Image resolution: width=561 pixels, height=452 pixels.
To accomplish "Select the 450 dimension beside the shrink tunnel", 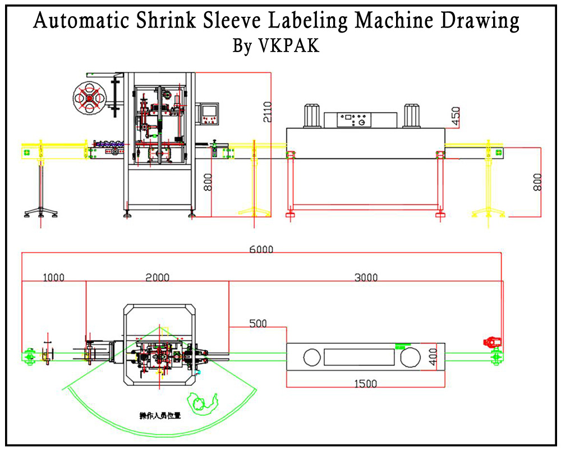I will tap(455, 116).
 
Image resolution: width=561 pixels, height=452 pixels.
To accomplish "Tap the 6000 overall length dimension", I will tap(261, 250).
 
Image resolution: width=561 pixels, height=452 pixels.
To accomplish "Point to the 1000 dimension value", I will tap(54, 277).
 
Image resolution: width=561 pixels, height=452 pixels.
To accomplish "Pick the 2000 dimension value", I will tap(158, 277).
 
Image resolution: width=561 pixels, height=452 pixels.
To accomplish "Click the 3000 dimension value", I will tap(366, 277).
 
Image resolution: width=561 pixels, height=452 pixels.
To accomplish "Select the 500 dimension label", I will tap(258, 323).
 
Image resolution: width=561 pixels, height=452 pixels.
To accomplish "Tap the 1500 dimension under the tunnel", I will tap(365, 384).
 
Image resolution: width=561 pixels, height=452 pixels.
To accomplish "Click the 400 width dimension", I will tap(433, 356).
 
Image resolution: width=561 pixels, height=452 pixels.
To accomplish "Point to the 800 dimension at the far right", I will tap(537, 182).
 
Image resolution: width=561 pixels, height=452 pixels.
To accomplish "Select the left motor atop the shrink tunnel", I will tap(312, 115).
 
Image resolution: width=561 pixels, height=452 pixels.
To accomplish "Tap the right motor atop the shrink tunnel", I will tap(412, 115).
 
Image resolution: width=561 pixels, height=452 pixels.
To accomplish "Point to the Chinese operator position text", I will tap(160, 416).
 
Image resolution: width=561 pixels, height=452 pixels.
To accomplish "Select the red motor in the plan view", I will tap(492, 342).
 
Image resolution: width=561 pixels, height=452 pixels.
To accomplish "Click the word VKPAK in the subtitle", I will tap(289, 46).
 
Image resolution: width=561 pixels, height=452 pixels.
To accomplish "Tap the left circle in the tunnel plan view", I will tap(312, 356).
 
